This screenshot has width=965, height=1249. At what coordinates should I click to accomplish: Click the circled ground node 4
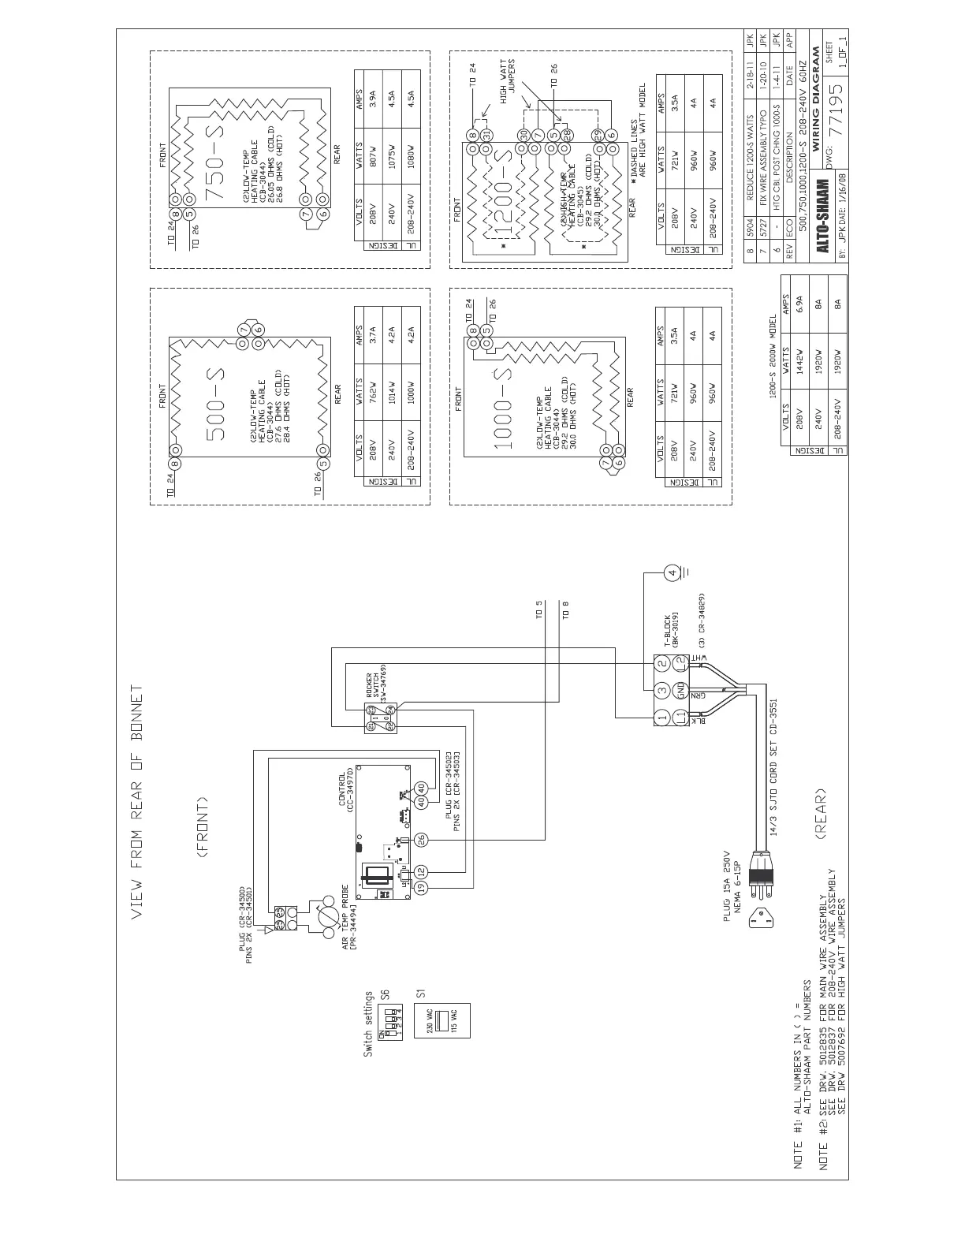click(x=672, y=573)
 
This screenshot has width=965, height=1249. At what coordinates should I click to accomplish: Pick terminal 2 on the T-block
click(x=663, y=664)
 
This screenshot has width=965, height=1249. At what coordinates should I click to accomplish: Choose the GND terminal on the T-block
click(x=680, y=692)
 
